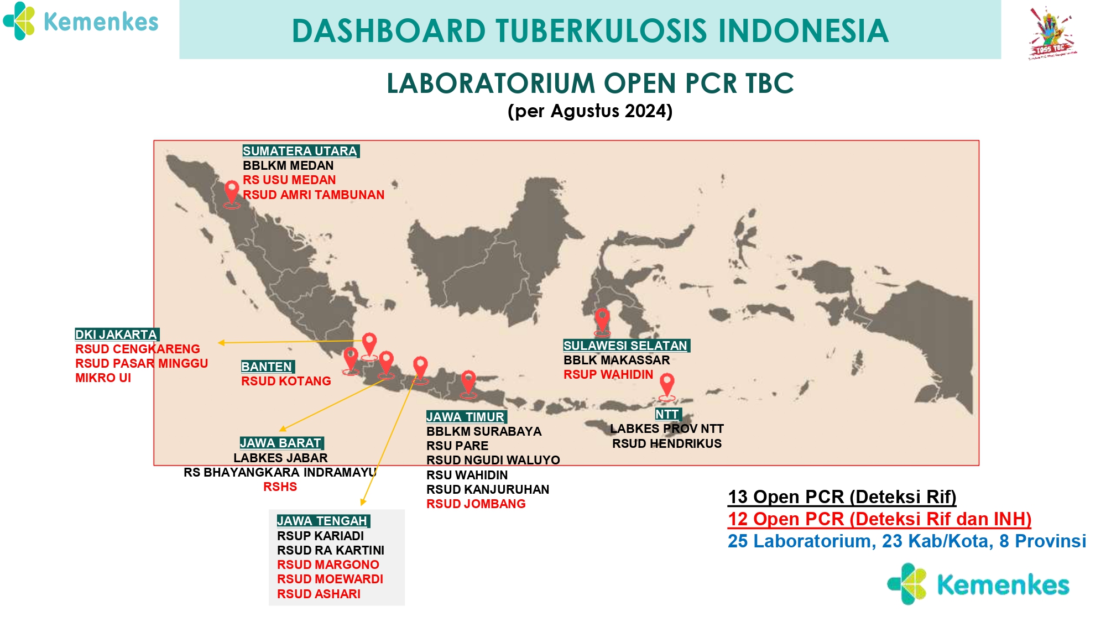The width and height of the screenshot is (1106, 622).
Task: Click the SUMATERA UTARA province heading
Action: (x=301, y=151)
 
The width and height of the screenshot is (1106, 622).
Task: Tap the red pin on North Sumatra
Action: (x=232, y=194)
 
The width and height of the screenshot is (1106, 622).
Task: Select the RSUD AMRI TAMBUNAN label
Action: (x=314, y=195)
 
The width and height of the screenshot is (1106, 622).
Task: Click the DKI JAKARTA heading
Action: (x=117, y=334)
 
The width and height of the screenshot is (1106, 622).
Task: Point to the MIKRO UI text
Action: (x=103, y=378)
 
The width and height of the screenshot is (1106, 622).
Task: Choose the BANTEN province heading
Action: (x=267, y=367)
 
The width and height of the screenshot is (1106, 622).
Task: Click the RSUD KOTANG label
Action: (x=286, y=381)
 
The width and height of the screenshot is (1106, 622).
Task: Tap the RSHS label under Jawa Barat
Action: (x=280, y=487)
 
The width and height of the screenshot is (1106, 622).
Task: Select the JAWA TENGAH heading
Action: (x=323, y=521)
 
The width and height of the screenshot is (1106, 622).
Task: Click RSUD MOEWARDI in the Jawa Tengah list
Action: (x=330, y=579)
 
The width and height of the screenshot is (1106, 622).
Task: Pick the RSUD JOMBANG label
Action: (x=476, y=504)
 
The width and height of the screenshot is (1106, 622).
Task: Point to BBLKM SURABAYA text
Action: (x=484, y=431)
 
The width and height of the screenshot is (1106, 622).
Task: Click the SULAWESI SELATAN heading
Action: (x=626, y=346)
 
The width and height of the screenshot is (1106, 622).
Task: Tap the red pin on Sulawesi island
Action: (x=602, y=322)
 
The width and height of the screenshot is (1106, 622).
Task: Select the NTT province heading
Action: (x=667, y=414)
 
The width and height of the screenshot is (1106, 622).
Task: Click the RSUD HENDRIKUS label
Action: (x=667, y=443)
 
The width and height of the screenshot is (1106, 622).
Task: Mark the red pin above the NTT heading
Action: (x=667, y=386)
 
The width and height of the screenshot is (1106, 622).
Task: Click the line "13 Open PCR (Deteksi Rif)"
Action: (x=842, y=496)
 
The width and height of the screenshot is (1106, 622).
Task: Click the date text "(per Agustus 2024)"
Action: (x=590, y=111)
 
